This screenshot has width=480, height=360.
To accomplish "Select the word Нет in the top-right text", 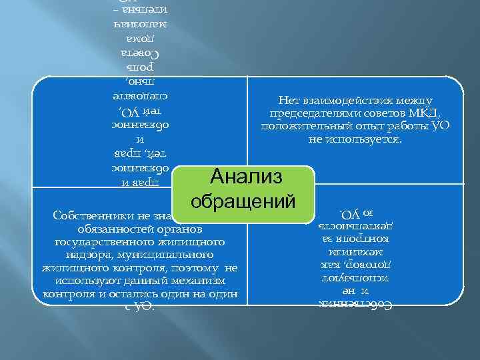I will (x=289, y=100).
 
